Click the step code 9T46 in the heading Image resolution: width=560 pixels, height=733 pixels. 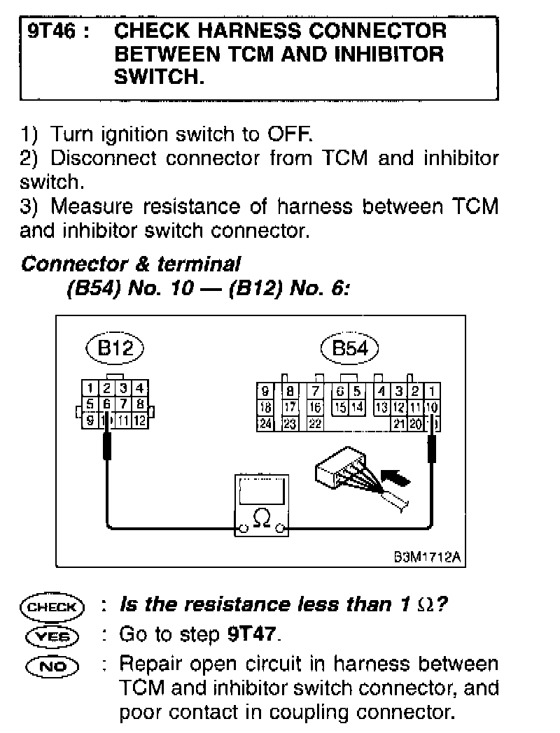53,31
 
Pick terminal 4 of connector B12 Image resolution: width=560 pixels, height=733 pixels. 140,387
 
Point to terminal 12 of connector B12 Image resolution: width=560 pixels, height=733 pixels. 140,420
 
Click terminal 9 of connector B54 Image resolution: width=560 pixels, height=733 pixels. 266,392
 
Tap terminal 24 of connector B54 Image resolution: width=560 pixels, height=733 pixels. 266,423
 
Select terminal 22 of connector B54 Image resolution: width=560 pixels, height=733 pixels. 315,423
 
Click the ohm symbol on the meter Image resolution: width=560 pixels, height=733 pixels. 261,518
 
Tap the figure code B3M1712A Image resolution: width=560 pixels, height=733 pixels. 428,557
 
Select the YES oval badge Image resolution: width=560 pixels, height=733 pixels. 52,636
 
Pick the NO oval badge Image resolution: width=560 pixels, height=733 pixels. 52,665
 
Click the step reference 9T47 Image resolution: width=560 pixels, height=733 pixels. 253,635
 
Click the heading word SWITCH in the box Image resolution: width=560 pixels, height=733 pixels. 158,78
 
